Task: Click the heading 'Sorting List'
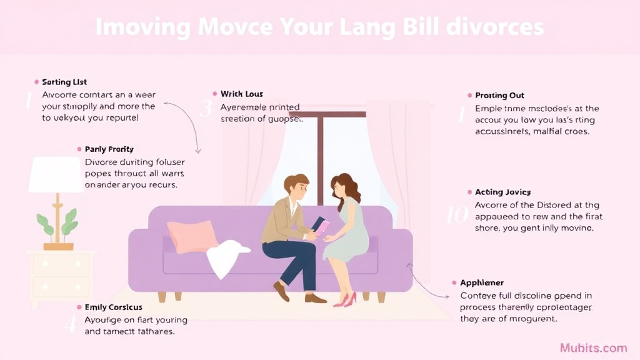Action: point(64,82)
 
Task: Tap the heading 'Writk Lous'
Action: point(241,94)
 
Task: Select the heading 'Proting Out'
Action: point(499,96)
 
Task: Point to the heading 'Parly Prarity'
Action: point(109,149)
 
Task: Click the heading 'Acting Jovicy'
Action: point(502,192)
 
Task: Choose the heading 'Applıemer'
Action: point(482,282)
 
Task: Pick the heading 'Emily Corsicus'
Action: point(113,307)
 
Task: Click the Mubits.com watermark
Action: point(593,347)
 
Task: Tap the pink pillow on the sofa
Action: point(192,236)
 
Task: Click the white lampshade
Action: point(56,174)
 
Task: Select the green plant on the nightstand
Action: point(57,221)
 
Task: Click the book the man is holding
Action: point(319,226)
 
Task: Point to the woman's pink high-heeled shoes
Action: point(344,300)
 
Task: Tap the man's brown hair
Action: point(296,183)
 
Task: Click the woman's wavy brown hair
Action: point(346,187)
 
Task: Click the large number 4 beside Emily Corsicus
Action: point(71,324)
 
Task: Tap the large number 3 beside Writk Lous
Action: point(206,109)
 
